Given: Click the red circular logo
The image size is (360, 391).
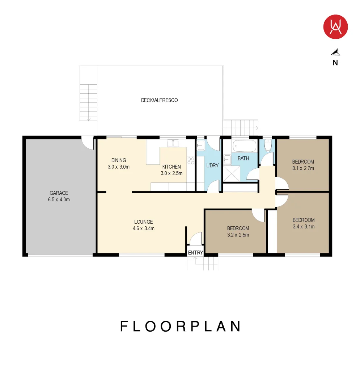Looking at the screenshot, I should (x=335, y=27).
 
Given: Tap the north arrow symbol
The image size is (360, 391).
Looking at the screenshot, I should (x=335, y=52).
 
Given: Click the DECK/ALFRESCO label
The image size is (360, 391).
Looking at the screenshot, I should (x=159, y=100).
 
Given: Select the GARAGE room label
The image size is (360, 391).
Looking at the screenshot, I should (x=59, y=193).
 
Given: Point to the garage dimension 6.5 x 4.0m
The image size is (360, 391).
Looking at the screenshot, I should (x=59, y=199).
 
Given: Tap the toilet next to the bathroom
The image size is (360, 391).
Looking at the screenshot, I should (x=268, y=145).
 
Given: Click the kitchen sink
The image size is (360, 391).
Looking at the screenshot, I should (x=173, y=143).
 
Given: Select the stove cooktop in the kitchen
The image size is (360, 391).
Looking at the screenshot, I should (x=191, y=161).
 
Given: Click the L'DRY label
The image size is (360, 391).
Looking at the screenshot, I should (x=212, y=165).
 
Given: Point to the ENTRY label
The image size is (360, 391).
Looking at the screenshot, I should (x=195, y=253).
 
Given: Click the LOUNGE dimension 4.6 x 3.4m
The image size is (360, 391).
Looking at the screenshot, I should (x=144, y=228).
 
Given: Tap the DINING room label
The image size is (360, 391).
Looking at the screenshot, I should (x=119, y=160).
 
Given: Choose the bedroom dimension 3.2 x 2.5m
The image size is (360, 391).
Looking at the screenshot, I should (x=238, y=235).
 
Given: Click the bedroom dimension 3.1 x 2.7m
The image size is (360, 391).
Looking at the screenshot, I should (x=303, y=168).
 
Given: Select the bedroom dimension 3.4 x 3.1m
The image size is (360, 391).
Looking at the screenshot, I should (x=304, y=227).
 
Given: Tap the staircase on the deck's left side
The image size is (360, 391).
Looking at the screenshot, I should (x=88, y=102).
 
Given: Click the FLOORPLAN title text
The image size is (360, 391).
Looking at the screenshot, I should (x=181, y=326).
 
